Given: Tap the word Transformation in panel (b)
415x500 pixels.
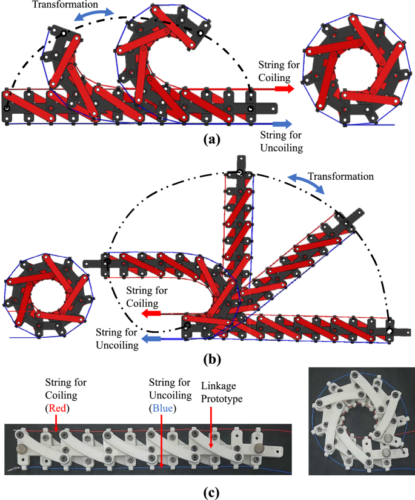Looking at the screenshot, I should (x=340, y=176).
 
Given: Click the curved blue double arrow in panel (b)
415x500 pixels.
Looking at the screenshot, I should (x=308, y=182).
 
